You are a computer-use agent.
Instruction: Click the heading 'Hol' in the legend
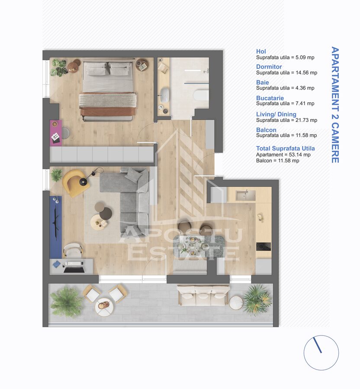[x=261, y=51]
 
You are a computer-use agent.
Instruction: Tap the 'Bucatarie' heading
[x=270, y=98]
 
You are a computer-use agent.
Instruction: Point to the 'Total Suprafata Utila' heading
[x=285, y=148]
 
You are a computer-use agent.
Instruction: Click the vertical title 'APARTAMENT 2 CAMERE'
[x=334, y=105]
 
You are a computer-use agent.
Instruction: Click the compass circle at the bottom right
[x=321, y=353]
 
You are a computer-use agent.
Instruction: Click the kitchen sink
[x=245, y=195]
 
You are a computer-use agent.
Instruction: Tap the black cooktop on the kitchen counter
[x=263, y=247]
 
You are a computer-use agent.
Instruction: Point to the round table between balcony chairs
[x=104, y=306]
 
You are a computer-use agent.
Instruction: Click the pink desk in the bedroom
[x=55, y=133]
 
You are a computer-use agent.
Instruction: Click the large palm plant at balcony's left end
[x=65, y=301]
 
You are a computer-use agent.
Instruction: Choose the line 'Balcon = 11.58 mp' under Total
[x=277, y=161]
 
